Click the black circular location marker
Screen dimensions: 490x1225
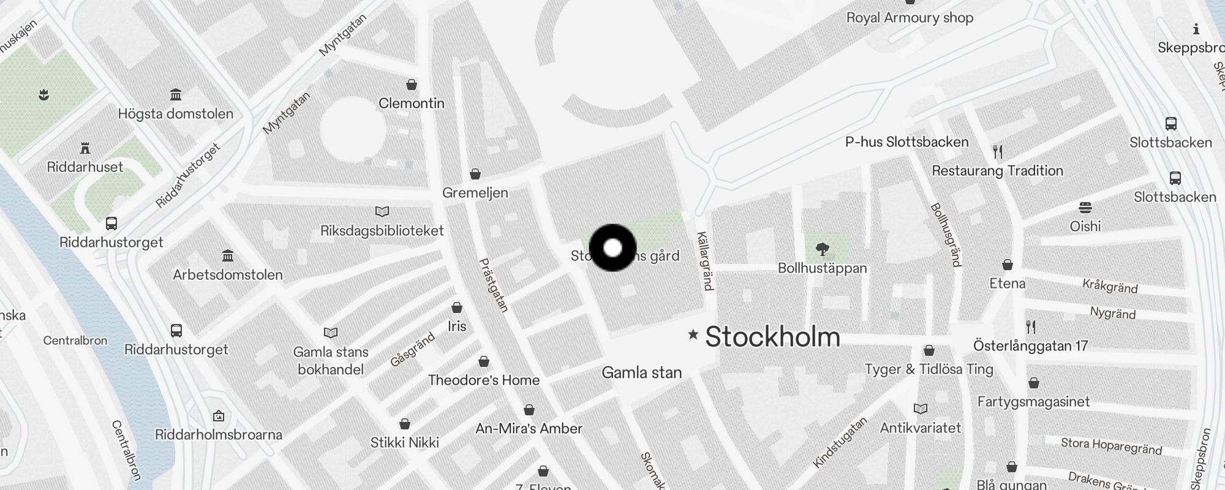[x=612, y=247]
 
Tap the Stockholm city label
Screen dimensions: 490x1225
[x=772, y=337]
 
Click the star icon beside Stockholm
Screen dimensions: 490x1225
[x=693, y=334]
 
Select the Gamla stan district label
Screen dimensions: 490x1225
[x=641, y=372]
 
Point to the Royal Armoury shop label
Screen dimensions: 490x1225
[x=910, y=18]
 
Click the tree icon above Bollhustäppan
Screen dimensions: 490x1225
[x=823, y=249]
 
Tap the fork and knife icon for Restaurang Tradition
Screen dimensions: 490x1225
[x=998, y=151]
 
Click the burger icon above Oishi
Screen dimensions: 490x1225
[x=1085, y=208]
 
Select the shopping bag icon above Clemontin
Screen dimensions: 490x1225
[x=412, y=85]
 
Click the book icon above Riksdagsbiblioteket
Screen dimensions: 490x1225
[x=382, y=212]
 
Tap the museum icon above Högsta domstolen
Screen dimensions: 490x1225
[x=176, y=94]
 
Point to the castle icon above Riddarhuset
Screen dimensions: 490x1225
[x=85, y=148]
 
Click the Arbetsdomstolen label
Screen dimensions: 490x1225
[x=228, y=274]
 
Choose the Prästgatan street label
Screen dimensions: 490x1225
[x=494, y=285]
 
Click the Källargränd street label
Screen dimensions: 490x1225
[x=705, y=261]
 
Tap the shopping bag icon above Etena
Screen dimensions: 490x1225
[x=1008, y=265]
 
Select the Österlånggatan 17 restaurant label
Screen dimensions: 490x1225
[x=1030, y=346]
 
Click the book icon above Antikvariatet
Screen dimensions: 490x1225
[x=921, y=409]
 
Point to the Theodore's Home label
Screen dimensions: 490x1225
[x=484, y=380]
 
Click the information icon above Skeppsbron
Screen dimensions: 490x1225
[x=1196, y=29]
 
